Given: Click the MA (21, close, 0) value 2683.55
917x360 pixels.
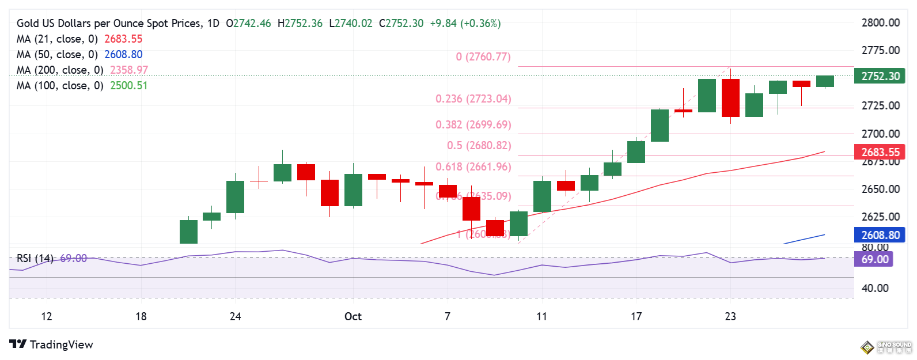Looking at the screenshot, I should tap(123, 39).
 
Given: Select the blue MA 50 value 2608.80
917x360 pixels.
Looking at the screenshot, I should tap(123, 55).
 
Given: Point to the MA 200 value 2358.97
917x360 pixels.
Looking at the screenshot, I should tap(129, 70).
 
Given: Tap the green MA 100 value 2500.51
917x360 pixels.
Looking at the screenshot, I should tap(129, 86).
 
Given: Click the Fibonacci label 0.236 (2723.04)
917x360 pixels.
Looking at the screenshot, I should tap(473, 99).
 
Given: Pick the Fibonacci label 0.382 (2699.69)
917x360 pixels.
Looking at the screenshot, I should tap(473, 125).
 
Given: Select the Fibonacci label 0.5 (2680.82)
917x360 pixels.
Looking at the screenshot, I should tap(479, 146).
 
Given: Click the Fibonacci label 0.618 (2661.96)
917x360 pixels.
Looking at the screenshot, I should tap(473, 167).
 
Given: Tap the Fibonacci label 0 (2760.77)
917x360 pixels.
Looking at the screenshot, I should tap(483, 57).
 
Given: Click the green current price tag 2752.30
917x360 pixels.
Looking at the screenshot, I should tap(880, 77).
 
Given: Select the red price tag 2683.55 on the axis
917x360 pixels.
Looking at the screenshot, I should tap(880, 152).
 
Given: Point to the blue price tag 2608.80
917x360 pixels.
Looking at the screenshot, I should tap(880, 235).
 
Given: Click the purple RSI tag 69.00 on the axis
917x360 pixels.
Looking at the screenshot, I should tap(874, 259).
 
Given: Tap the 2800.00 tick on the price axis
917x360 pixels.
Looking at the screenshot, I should tap(880, 23).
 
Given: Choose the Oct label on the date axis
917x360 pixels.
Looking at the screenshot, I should tap(353, 316).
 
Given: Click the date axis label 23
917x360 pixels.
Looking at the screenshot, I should tap(730, 316).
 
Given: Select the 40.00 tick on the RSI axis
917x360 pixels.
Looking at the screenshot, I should tap(874, 288).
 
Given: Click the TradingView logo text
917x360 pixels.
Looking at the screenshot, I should tap(61, 344).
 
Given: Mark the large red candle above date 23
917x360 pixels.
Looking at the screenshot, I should tap(730, 97).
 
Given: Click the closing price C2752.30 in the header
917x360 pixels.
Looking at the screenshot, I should tap(401, 24).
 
